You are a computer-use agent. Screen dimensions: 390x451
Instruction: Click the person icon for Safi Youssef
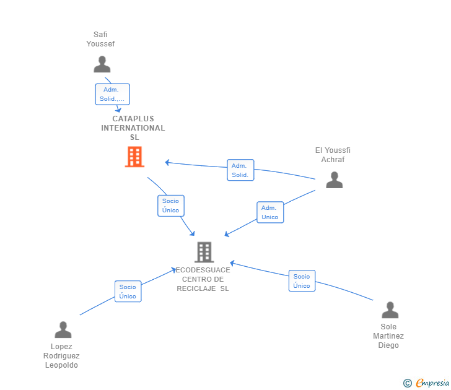coord(102,64)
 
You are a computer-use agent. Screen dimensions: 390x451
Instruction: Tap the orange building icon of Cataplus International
coord(134,157)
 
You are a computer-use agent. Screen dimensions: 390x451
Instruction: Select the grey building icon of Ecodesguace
coord(204,252)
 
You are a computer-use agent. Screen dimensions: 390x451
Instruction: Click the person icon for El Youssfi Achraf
coord(334,180)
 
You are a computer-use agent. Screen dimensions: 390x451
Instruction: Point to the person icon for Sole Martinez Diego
coord(390,310)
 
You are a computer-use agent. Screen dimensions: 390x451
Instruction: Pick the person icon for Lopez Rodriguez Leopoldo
coord(63,329)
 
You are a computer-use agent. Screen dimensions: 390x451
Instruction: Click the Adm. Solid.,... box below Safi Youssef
coord(112,94)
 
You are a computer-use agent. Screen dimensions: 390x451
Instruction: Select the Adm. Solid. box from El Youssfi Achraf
coord(240,170)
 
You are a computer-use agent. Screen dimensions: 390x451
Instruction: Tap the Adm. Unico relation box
coord(270,212)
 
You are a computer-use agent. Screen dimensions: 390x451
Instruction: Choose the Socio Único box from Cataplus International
coord(171,206)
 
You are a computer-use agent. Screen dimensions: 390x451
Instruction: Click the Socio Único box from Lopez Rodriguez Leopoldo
coord(128,292)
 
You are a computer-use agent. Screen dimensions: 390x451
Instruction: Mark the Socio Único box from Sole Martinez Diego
coord(302,281)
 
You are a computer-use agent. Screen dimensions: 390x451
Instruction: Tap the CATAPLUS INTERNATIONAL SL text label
coord(133,128)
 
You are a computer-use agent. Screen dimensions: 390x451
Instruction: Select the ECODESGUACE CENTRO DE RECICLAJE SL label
coord(203,279)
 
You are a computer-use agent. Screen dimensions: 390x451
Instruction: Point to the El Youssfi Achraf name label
coord(333,155)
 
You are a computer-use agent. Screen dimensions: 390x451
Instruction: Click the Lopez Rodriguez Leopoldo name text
coord(61,356)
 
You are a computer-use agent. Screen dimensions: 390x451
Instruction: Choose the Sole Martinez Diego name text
coord(388,336)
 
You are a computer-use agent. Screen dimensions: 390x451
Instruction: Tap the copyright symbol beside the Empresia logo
coord(408,384)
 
